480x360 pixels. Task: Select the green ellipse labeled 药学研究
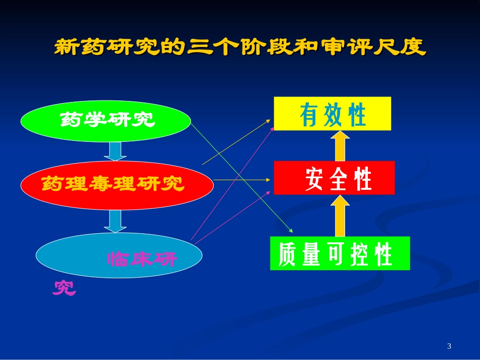(x=106, y=121)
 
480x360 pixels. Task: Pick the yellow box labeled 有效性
(x=332, y=114)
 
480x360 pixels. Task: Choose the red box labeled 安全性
(x=334, y=178)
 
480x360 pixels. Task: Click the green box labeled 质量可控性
(x=340, y=253)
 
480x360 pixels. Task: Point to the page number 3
(x=449, y=346)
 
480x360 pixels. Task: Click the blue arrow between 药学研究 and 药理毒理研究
(x=116, y=151)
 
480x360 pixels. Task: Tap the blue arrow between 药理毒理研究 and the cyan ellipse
(x=116, y=221)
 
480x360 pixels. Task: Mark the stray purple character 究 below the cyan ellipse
(x=65, y=287)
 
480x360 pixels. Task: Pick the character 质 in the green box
(x=287, y=255)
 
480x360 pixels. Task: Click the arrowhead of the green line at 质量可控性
(x=291, y=231)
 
